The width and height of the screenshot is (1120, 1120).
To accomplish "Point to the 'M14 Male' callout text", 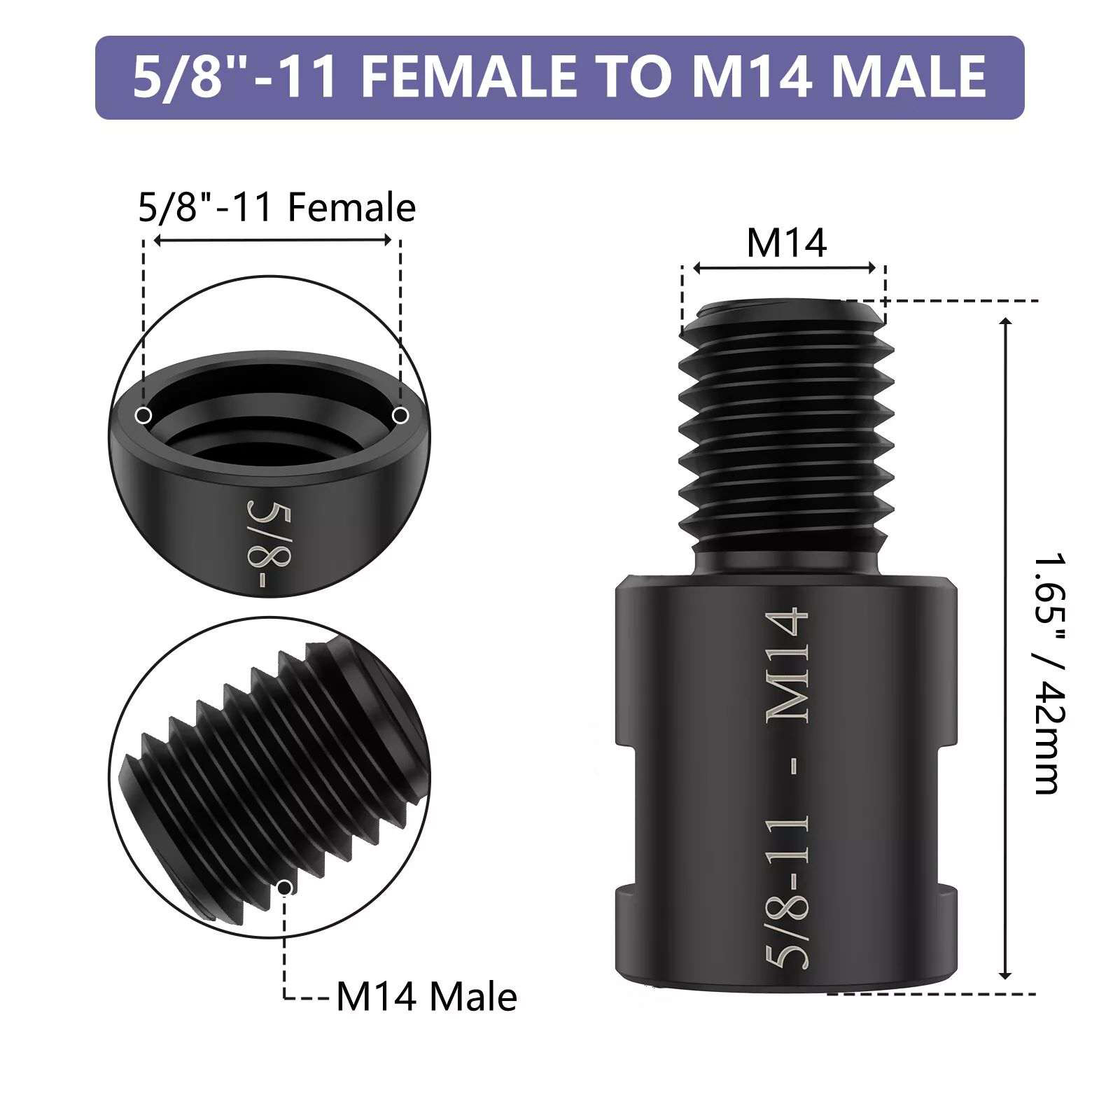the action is (x=426, y=997).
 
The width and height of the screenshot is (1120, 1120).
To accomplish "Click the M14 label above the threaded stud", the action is (x=787, y=243).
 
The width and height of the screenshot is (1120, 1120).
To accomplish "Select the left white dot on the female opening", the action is (x=143, y=416).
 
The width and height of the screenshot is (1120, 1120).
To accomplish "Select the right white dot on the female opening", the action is (x=400, y=416).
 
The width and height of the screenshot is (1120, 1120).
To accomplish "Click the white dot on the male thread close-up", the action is (x=285, y=888).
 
